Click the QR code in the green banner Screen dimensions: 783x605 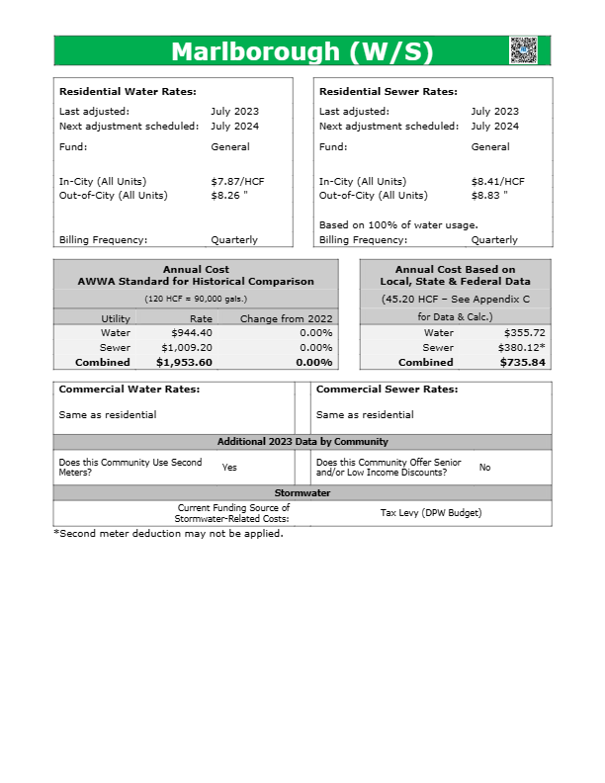523,50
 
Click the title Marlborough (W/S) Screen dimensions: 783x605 302,51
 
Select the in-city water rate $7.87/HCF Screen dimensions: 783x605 237,182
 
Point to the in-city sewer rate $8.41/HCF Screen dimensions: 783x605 497,182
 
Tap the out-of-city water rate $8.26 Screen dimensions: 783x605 231,196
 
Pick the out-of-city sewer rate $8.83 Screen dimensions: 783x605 491,196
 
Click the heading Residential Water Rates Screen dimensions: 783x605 128,92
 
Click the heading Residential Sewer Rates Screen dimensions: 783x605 388,92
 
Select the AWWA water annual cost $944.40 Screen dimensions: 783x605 192,333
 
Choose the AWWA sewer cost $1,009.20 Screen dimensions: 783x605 187,348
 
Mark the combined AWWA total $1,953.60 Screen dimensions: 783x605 184,363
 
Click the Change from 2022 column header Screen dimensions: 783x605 286,318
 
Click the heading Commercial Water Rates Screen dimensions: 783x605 129,390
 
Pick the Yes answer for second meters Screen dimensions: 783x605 229,468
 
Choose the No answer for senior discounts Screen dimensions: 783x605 484,468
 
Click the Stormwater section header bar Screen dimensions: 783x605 302,492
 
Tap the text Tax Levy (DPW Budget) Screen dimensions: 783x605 430,513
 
